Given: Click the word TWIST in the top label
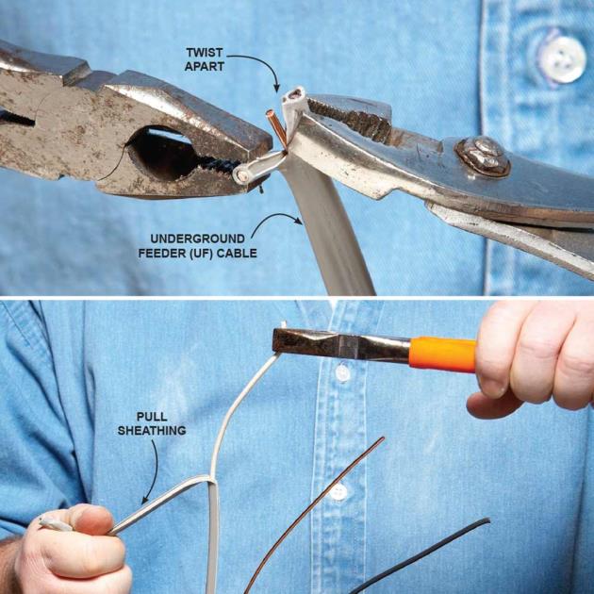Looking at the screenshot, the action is [x=204, y=52].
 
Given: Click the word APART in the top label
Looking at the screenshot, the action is [x=205, y=66].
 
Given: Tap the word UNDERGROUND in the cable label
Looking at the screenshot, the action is [x=197, y=239].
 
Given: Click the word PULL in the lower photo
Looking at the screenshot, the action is [x=152, y=417].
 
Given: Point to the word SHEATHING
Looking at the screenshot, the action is [x=152, y=431].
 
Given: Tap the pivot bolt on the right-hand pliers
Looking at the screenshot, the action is [x=482, y=157].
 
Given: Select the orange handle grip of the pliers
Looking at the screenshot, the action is [x=442, y=354].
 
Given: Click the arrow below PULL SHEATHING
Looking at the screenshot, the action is [x=152, y=471].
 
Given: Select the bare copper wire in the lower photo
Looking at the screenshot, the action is [x=314, y=515].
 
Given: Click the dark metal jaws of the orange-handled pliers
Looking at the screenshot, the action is [x=341, y=344].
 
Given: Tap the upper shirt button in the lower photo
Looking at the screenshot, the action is [x=342, y=373].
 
